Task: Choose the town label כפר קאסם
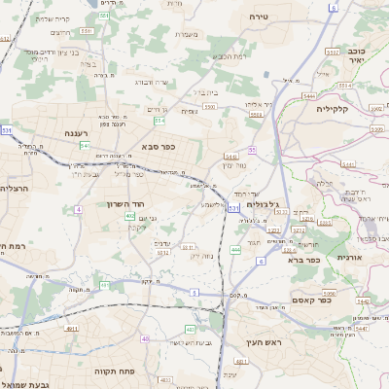[336, 301]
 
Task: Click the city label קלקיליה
[338, 109]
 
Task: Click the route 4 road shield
[78, 208]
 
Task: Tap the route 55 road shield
[251, 150]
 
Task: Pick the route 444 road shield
[235, 250]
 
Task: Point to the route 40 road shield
[145, 338]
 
